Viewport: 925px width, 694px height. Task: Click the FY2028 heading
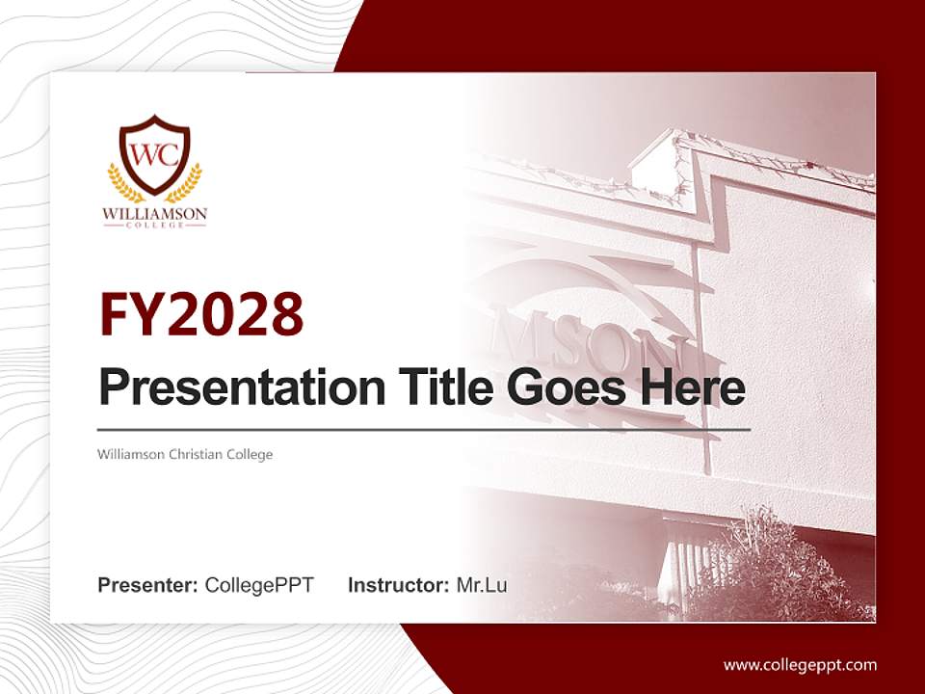201,314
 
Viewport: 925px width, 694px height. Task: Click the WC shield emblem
154,153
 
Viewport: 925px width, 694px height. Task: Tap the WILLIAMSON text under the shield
154,212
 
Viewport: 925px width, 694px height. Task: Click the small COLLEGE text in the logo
154,225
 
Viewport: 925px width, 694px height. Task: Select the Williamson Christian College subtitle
185,454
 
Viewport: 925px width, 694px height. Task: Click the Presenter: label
148,585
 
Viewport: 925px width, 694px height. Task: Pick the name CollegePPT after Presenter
259,585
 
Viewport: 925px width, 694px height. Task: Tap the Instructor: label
398,585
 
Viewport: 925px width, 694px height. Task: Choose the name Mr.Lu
482,585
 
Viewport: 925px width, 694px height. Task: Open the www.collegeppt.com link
800,664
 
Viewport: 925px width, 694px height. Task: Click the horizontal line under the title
424,429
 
